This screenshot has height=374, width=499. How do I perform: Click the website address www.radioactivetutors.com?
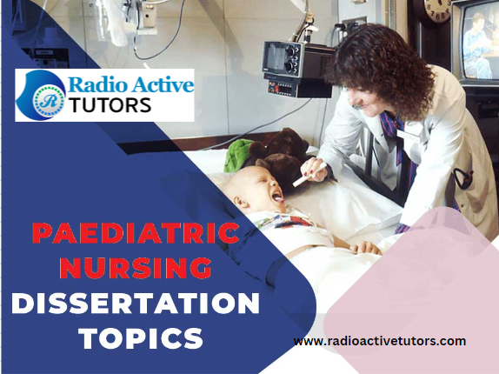379,341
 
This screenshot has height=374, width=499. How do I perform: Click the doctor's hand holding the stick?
316,169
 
